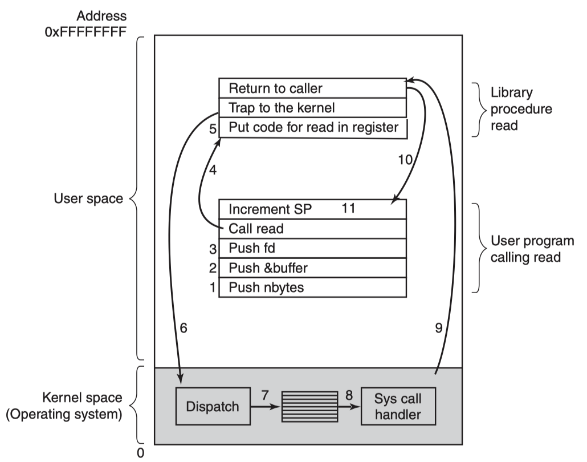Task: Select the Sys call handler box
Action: click(x=398, y=406)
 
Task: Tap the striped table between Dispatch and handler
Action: click(x=305, y=406)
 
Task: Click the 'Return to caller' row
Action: click(x=312, y=88)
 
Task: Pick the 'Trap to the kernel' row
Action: click(x=312, y=108)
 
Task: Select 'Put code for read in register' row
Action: click(x=312, y=128)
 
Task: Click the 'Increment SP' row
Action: click(x=312, y=209)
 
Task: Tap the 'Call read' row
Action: click(x=312, y=229)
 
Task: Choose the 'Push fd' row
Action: click(x=312, y=248)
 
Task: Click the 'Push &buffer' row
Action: click(x=312, y=268)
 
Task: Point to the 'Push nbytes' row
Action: click(x=312, y=287)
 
